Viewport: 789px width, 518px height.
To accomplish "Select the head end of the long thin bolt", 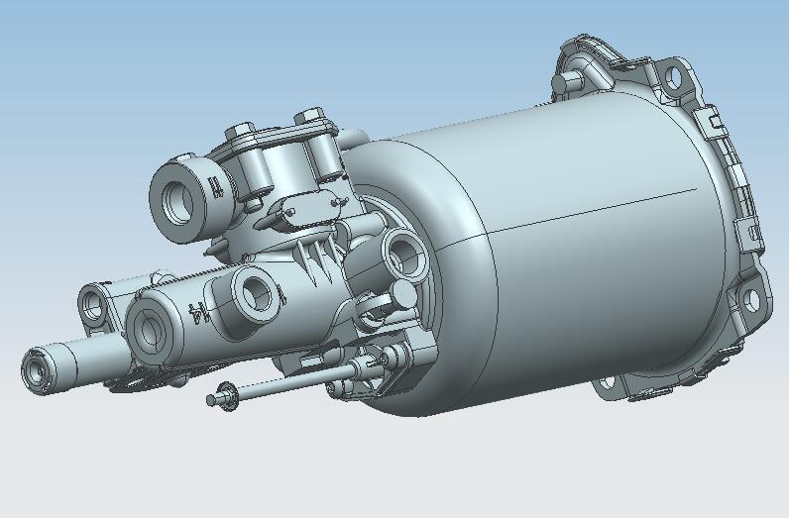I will point(211,399).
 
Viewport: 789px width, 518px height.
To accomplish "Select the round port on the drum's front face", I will point(402,254).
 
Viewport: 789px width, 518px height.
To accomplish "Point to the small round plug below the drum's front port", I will point(404,294).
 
